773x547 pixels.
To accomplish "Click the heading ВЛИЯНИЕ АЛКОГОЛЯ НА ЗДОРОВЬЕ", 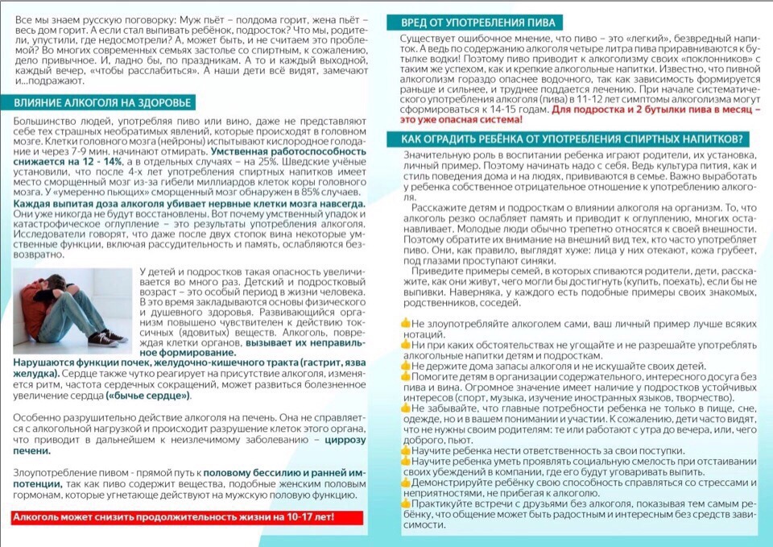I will [x=104, y=102].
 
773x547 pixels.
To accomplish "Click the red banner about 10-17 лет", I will [x=173, y=518].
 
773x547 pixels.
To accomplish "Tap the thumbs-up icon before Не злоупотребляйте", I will [x=406, y=322].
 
